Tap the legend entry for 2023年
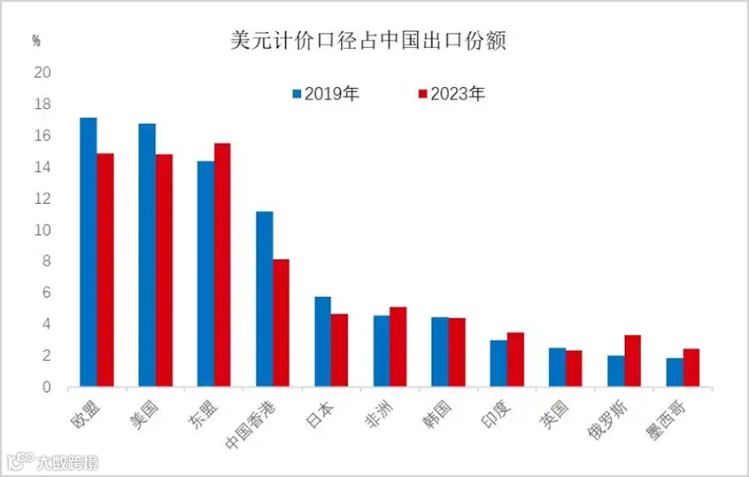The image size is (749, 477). pyautogui.click(x=452, y=94)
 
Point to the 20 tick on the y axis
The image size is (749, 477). pyautogui.click(x=42, y=73)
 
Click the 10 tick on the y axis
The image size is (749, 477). pyautogui.click(x=42, y=231)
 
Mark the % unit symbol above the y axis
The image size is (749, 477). pyautogui.click(x=36, y=41)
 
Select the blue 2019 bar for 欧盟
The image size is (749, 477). pyautogui.click(x=89, y=252)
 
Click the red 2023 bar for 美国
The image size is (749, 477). pyautogui.click(x=164, y=270)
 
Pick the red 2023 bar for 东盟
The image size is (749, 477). pyautogui.click(x=222, y=265)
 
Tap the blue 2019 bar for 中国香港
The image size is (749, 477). pyautogui.click(x=264, y=299)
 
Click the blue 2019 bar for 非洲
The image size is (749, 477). pyautogui.click(x=382, y=351)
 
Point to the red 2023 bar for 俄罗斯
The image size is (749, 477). pyautogui.click(x=633, y=361)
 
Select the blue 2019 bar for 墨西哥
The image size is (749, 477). pyautogui.click(x=675, y=372)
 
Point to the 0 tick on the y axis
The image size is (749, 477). pyautogui.click(x=46, y=387)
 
